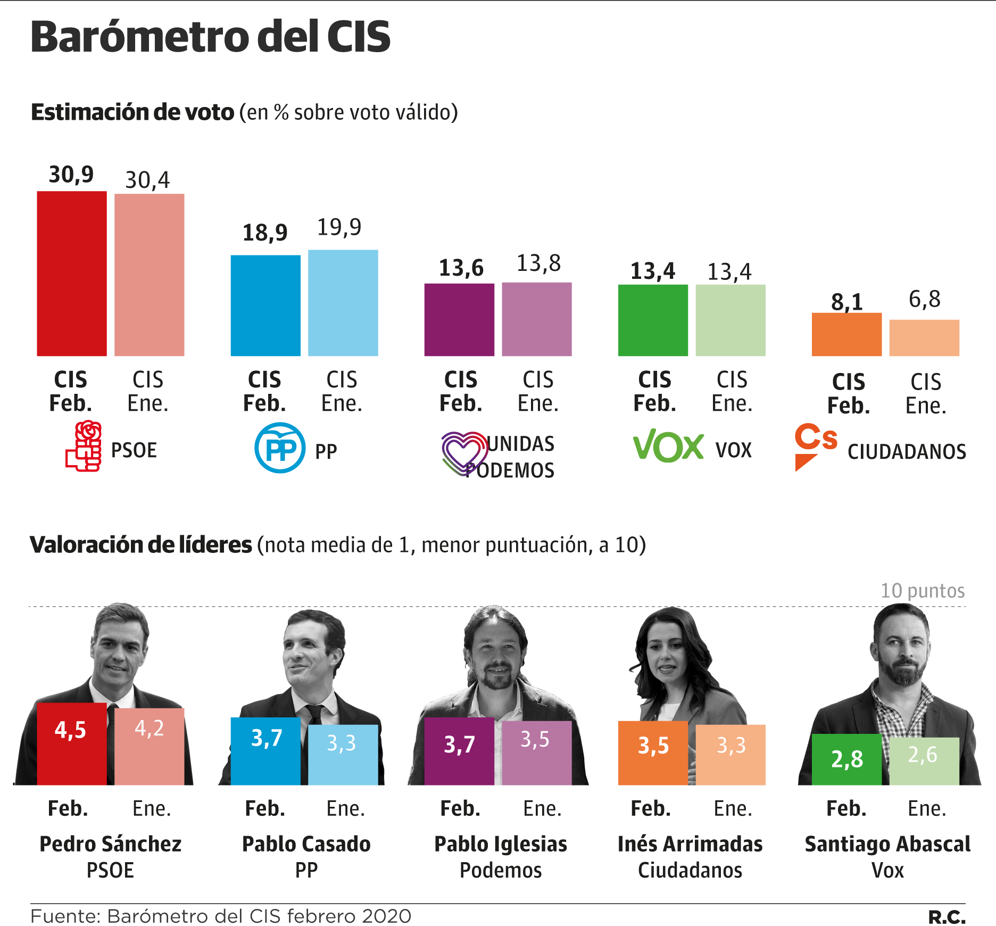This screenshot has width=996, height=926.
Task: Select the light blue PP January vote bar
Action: pos(343,303)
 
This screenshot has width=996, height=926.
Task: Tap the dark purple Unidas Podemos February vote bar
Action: pos(459,319)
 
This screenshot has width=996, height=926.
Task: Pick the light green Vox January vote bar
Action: pos(731,320)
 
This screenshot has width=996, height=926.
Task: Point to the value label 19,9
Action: pos(339,228)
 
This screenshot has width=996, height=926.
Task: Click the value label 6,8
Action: pos(924,299)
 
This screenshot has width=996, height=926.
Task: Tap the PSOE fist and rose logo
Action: pos(84,446)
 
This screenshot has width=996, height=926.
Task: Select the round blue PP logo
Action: pos(280,448)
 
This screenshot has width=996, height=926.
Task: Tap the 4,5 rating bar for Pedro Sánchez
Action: pos(71,743)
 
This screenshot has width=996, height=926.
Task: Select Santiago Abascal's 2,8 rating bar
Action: pos(846,759)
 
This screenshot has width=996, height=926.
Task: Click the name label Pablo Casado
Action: pos(306,844)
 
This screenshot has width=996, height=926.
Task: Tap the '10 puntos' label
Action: pos(922,591)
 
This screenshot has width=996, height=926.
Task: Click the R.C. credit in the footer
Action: pos(947,917)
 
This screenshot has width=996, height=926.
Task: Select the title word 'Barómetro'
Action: pos(140,37)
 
